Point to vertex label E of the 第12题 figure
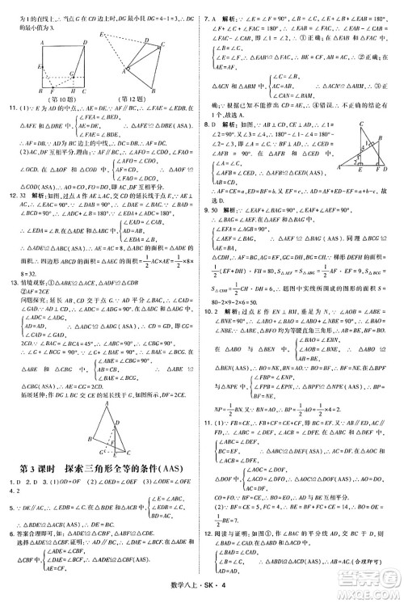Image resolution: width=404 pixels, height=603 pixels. click(x=103, y=35)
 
